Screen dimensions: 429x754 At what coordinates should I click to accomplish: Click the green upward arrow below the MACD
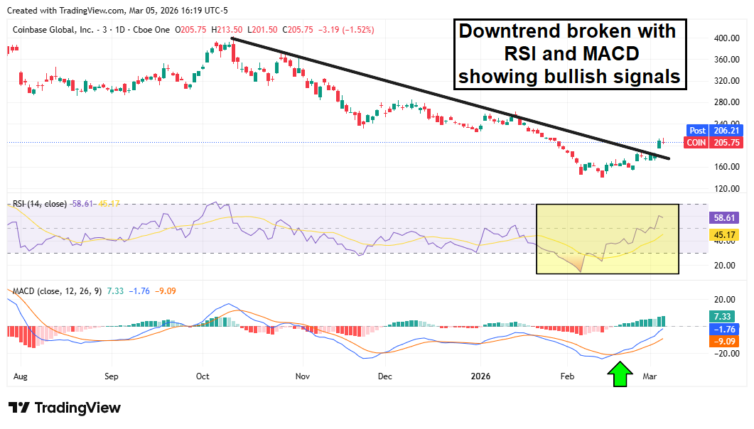(620, 375)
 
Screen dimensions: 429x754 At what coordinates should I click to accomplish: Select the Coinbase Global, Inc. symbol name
(53, 30)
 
